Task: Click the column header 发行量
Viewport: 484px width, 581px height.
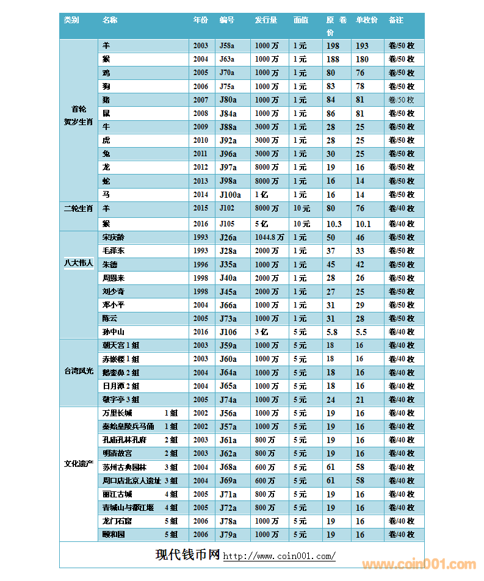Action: tap(266, 20)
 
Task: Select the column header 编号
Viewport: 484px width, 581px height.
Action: tap(227, 20)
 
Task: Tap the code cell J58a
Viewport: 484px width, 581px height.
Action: tap(227, 46)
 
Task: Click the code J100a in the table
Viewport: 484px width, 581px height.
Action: tap(230, 195)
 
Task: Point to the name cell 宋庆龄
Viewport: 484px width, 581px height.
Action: tap(114, 237)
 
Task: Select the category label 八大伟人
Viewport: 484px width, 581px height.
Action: tap(79, 263)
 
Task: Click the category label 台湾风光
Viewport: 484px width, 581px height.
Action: tap(79, 370)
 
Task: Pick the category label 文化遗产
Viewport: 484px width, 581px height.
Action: tap(79, 463)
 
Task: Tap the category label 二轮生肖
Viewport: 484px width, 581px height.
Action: tap(79, 209)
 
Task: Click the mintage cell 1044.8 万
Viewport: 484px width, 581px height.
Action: tap(269, 237)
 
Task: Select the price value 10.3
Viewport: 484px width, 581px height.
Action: tap(334, 224)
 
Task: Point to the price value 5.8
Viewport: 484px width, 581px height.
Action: tap(332, 332)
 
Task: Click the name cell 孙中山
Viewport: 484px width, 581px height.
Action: tap(114, 332)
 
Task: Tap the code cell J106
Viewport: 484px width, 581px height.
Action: tap(227, 332)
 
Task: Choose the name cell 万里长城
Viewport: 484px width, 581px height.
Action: tap(117, 413)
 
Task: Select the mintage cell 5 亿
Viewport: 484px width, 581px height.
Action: tap(262, 224)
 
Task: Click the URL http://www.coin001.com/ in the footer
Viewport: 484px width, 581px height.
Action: tap(279, 557)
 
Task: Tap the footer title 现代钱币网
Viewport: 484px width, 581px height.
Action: tap(187, 555)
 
